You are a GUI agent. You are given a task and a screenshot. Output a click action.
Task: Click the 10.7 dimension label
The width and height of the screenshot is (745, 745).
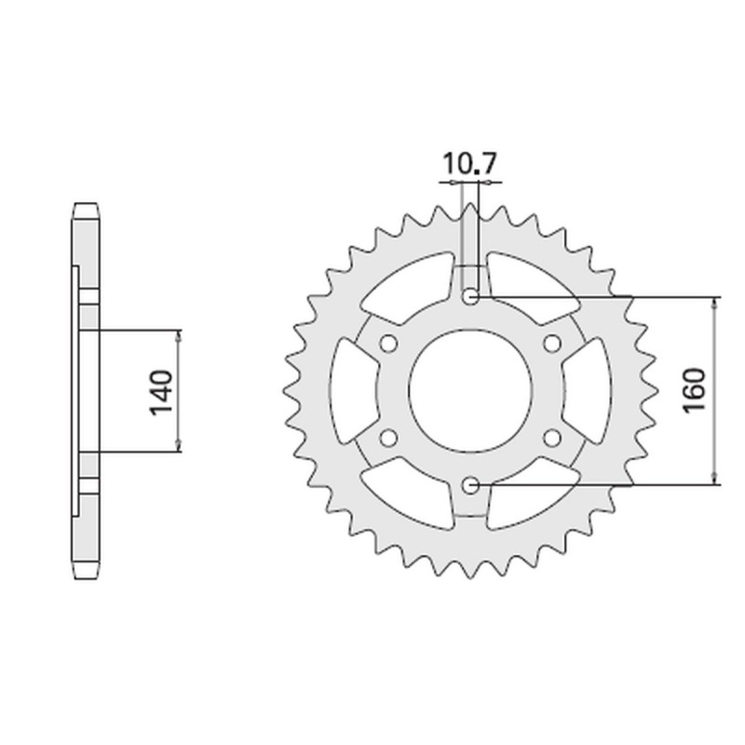pyautogui.click(x=470, y=165)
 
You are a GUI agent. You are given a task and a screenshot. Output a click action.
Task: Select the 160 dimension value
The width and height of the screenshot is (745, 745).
pyautogui.click(x=696, y=391)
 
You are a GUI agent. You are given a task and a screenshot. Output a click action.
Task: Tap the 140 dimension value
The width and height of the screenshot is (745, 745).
pyautogui.click(x=160, y=391)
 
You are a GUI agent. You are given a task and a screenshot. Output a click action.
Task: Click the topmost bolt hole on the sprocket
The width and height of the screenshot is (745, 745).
pyautogui.click(x=470, y=297)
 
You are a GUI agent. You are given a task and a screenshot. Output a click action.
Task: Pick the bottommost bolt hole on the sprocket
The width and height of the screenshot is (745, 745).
pyautogui.click(x=470, y=484)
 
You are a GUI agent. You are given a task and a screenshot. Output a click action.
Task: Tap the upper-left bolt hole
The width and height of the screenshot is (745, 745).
pyautogui.click(x=389, y=344)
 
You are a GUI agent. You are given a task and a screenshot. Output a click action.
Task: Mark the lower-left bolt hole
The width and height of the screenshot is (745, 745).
pyautogui.click(x=389, y=437)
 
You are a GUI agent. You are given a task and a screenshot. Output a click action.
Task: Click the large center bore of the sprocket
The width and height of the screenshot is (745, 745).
pyautogui.click(x=470, y=391)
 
